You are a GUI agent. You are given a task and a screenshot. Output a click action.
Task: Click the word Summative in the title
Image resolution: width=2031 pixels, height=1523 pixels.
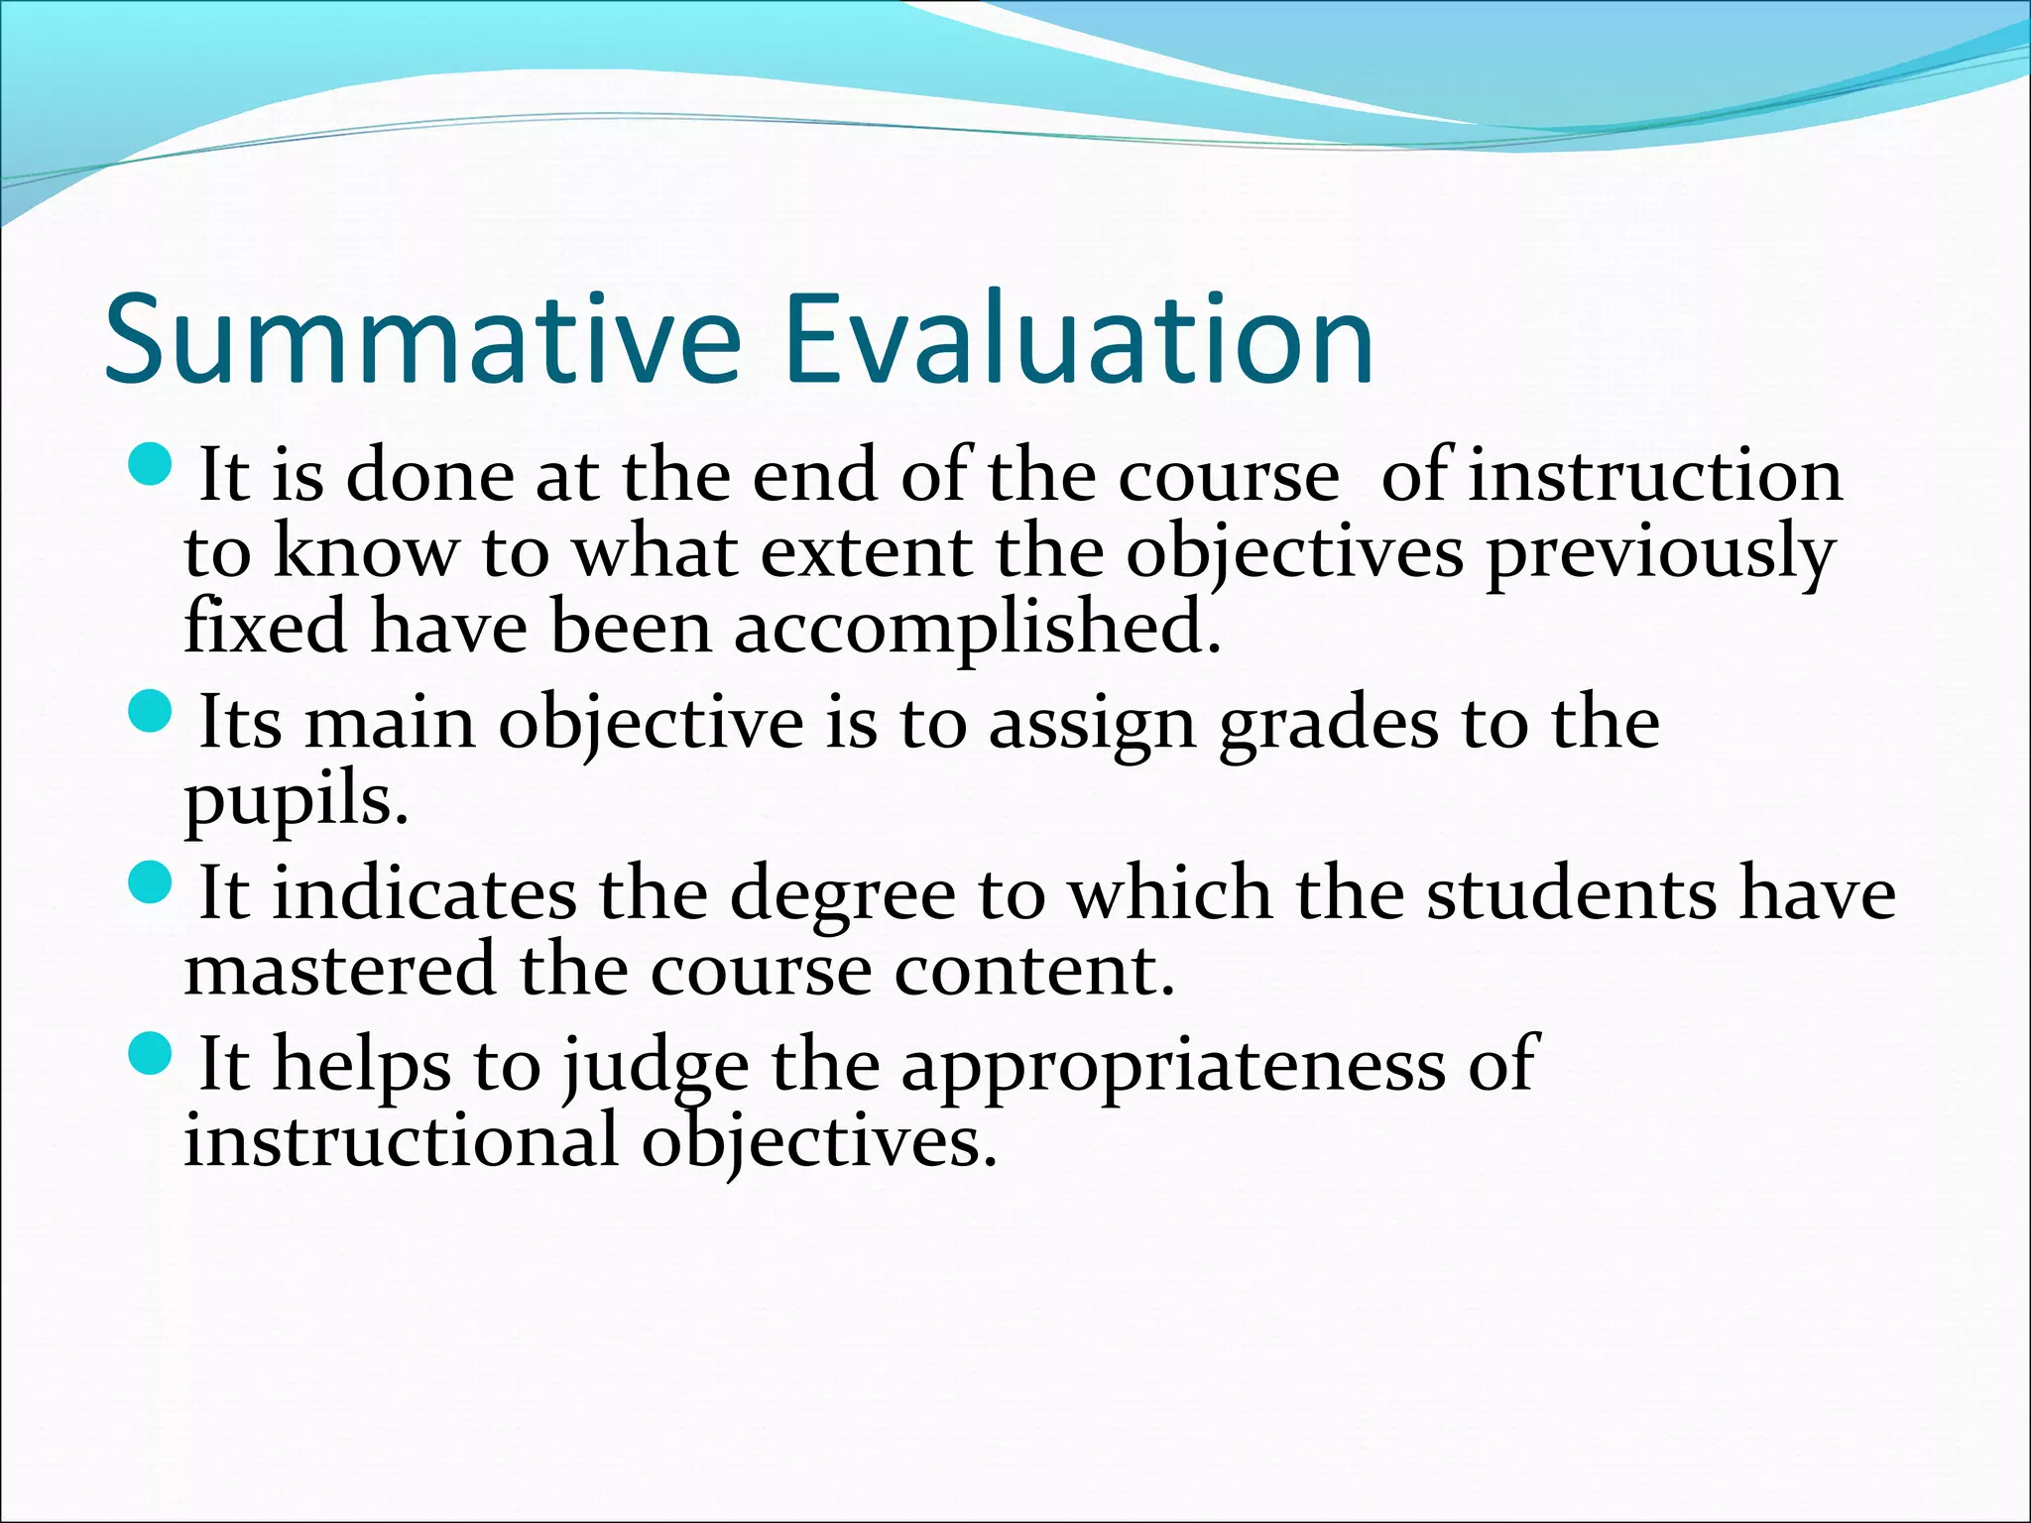(x=422, y=339)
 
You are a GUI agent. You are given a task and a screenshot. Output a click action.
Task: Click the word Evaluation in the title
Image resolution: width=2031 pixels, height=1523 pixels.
(x=1078, y=339)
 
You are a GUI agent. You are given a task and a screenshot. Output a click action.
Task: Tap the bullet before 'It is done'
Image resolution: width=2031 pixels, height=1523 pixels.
(x=151, y=463)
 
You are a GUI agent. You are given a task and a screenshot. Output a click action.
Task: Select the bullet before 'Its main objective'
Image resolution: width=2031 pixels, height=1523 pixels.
(x=151, y=711)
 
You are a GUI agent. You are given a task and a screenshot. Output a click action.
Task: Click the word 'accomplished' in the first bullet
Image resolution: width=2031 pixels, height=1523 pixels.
(x=977, y=630)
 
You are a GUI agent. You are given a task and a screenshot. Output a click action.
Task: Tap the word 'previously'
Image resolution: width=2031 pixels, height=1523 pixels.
(x=1659, y=553)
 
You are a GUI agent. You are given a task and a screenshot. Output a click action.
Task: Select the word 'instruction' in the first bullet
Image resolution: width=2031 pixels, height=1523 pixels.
(x=1655, y=477)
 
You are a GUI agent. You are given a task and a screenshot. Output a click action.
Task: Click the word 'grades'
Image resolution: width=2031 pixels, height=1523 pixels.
(x=1328, y=725)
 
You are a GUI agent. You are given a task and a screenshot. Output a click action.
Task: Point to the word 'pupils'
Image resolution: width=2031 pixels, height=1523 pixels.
(x=295, y=801)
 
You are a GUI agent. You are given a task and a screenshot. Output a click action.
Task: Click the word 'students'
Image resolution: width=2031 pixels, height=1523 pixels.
(x=1571, y=895)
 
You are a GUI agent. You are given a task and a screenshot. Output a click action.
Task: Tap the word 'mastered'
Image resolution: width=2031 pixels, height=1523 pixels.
(x=339, y=971)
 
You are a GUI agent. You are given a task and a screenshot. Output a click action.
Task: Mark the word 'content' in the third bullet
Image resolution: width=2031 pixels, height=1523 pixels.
(x=1032, y=971)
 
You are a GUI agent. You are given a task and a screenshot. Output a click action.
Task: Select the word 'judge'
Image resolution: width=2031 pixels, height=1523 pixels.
(x=656, y=1067)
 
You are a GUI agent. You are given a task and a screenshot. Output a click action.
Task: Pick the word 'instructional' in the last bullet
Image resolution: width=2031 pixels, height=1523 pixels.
(x=402, y=1140)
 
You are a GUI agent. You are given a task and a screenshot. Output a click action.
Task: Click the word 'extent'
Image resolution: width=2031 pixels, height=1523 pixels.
(x=866, y=553)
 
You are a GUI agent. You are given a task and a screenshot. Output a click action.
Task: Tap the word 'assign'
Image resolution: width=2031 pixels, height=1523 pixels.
(x=1092, y=725)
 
